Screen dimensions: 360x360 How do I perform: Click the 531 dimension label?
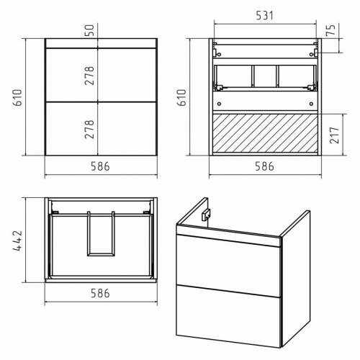(x=264, y=16)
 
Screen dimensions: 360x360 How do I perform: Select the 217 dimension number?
(x=335, y=135)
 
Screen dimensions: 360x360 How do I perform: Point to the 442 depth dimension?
(x=17, y=240)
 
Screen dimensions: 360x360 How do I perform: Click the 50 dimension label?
(x=91, y=30)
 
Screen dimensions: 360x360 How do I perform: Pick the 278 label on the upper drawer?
(x=89, y=76)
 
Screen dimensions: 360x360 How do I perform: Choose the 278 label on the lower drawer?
(x=89, y=130)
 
